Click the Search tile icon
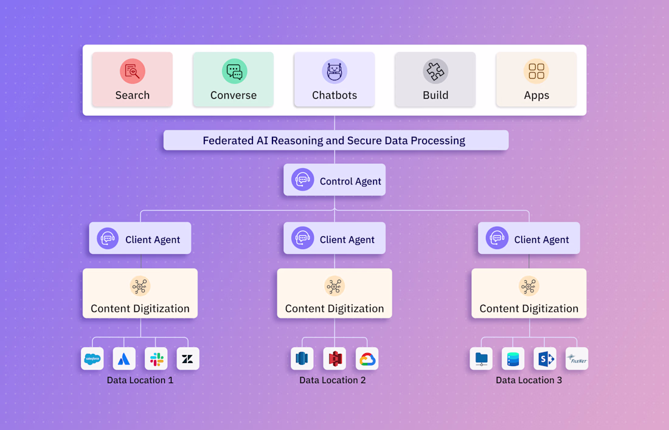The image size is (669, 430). (x=132, y=71)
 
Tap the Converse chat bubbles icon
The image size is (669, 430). (x=234, y=71)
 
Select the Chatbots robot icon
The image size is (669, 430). (x=334, y=71)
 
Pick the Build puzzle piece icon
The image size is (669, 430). (x=435, y=71)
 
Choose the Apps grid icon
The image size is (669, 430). (x=536, y=71)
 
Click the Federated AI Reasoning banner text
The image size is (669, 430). (x=334, y=141)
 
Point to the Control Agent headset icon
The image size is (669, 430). (x=302, y=180)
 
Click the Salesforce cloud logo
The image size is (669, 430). (x=92, y=359)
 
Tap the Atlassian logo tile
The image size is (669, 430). (x=124, y=359)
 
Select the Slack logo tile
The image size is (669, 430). (x=156, y=359)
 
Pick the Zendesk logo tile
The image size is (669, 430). (x=188, y=359)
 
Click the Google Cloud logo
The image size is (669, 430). (x=367, y=359)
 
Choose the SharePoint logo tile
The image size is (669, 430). (x=544, y=359)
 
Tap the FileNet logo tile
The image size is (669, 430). (x=576, y=359)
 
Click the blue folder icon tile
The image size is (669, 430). (x=481, y=359)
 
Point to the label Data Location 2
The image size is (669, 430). (x=333, y=380)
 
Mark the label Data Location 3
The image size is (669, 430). (x=529, y=380)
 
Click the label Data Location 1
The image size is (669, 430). (x=140, y=380)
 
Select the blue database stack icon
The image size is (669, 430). (x=513, y=359)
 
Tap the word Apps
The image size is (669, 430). (x=536, y=96)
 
